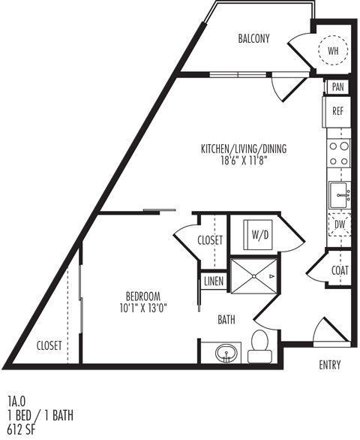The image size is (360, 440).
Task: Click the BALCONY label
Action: (253, 39)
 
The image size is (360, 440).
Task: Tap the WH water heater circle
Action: (332, 51)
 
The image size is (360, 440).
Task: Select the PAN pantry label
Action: (337, 87)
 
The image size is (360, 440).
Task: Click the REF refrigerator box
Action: (338, 111)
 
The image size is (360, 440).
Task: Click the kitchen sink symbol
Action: (339, 194)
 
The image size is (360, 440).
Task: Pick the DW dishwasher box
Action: (338, 225)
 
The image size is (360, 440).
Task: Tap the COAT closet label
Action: (339, 271)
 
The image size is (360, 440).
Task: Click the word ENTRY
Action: (329, 366)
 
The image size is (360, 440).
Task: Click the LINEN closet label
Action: (213, 282)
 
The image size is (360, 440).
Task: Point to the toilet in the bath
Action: (261, 342)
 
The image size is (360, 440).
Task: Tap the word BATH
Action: (226, 320)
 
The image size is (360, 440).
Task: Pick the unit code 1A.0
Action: (16, 402)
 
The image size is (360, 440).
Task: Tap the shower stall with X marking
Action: (252, 277)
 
